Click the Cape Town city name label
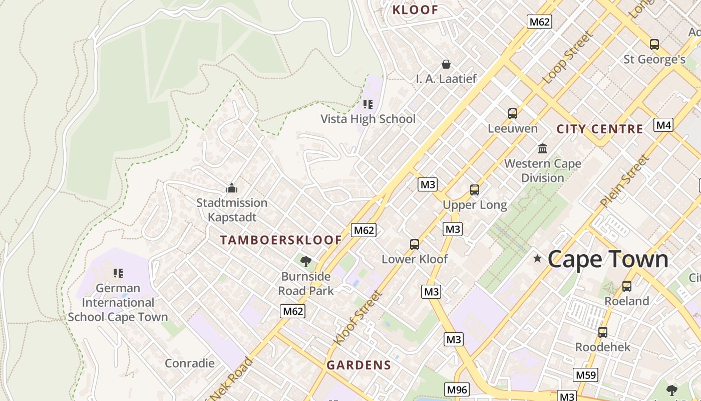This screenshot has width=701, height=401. pyautogui.click(x=608, y=259)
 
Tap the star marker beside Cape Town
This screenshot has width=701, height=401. pyautogui.click(x=537, y=259)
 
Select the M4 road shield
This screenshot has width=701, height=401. pyautogui.click(x=663, y=125)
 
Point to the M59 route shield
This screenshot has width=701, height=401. pyautogui.click(x=585, y=375)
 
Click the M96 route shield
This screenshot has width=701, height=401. pyautogui.click(x=457, y=389)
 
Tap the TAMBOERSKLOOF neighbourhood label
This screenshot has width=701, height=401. pyautogui.click(x=281, y=240)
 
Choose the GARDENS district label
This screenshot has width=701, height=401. pyautogui.click(x=359, y=365)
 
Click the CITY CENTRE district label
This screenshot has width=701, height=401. pyautogui.click(x=600, y=129)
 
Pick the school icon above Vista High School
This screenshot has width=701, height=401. pyautogui.click(x=369, y=104)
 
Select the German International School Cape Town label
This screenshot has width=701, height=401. pyautogui.click(x=118, y=302)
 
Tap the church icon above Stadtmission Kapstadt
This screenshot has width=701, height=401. pyautogui.click(x=231, y=188)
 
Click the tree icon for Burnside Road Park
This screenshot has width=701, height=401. pyautogui.click(x=305, y=261)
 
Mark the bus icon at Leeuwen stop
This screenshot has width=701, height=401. pyautogui.click(x=512, y=114)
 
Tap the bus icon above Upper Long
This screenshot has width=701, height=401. pyautogui.click(x=474, y=190)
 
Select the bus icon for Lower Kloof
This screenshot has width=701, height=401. pyautogui.click(x=414, y=245)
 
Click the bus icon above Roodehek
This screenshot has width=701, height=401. pyautogui.click(x=602, y=332)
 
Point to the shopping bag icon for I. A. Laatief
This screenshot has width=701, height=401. pyautogui.click(x=446, y=64)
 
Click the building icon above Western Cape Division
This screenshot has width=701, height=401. pyautogui.click(x=542, y=149)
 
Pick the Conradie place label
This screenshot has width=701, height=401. pyautogui.click(x=190, y=363)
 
